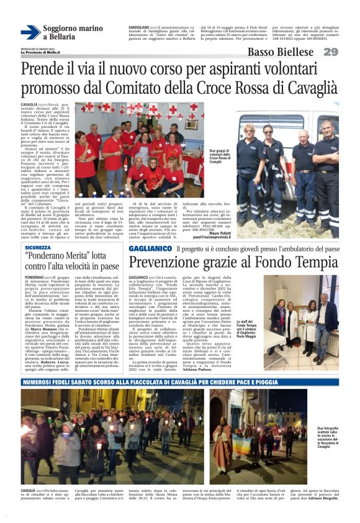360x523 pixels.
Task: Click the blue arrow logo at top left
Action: [x=30, y=32]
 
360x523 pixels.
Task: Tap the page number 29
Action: [x=330, y=52]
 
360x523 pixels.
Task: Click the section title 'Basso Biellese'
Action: [x=280, y=52]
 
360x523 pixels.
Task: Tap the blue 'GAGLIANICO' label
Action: [x=150, y=248]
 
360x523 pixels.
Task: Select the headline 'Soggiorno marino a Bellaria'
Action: [x=73, y=33]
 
